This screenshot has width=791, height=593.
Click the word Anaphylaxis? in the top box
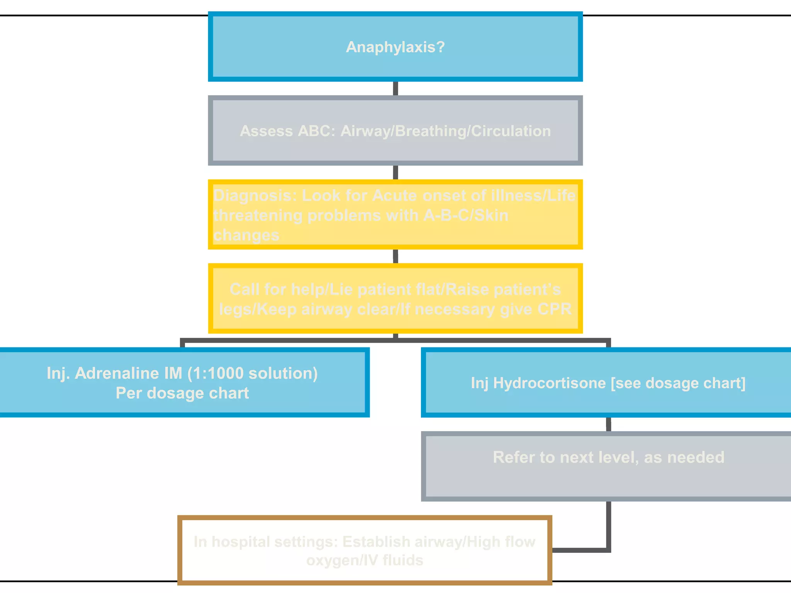(x=395, y=47)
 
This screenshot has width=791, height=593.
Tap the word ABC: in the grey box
(x=316, y=131)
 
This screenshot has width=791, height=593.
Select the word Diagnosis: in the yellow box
(x=255, y=196)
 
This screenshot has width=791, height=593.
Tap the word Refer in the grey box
(x=513, y=457)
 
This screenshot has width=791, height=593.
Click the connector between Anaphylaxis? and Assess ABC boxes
(x=395, y=88)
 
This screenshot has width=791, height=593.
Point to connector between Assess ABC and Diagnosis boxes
(x=395, y=173)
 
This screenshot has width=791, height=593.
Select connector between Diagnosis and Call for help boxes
(x=395, y=256)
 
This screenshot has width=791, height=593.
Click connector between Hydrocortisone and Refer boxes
(x=608, y=424)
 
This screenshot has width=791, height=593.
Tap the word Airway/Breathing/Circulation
(x=446, y=131)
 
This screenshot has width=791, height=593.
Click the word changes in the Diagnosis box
(x=246, y=235)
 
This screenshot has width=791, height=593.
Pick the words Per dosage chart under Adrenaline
(x=182, y=393)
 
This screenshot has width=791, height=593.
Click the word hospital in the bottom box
(x=240, y=542)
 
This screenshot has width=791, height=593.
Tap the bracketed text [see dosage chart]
(x=678, y=383)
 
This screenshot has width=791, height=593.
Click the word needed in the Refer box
(x=696, y=457)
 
